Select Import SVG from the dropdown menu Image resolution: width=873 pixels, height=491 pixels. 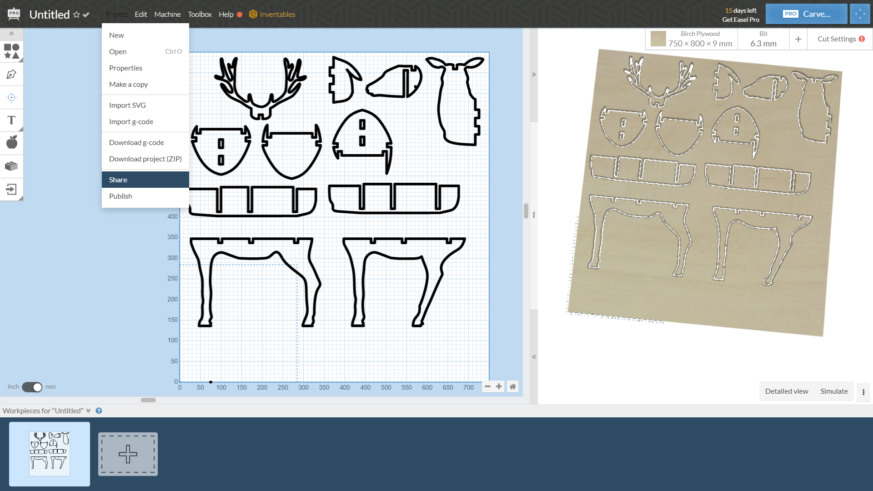[x=127, y=105]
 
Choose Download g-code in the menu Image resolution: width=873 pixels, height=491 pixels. [x=136, y=142]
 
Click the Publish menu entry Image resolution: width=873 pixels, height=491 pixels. [x=120, y=196]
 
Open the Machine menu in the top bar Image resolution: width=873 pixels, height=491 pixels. [x=167, y=14]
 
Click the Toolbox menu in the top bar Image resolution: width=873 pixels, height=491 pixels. [x=200, y=14]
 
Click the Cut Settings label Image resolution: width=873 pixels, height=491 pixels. [x=837, y=39]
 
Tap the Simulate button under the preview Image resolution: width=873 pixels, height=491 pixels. [x=834, y=391]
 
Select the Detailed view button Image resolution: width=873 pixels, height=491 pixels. [x=786, y=391]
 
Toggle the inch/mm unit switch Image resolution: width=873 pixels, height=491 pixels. [x=32, y=387]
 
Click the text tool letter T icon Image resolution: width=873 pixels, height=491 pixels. [x=11, y=120]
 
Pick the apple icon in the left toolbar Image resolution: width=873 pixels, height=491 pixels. [x=12, y=142]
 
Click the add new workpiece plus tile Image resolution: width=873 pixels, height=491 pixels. [x=128, y=454]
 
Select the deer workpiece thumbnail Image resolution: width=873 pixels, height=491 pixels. [x=50, y=454]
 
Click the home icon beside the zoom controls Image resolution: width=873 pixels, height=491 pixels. [x=512, y=386]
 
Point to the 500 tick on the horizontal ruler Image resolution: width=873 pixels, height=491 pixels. [x=386, y=387]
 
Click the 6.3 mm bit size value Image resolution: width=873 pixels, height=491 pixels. [x=763, y=44]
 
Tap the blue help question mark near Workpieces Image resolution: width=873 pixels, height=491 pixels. [x=99, y=411]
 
